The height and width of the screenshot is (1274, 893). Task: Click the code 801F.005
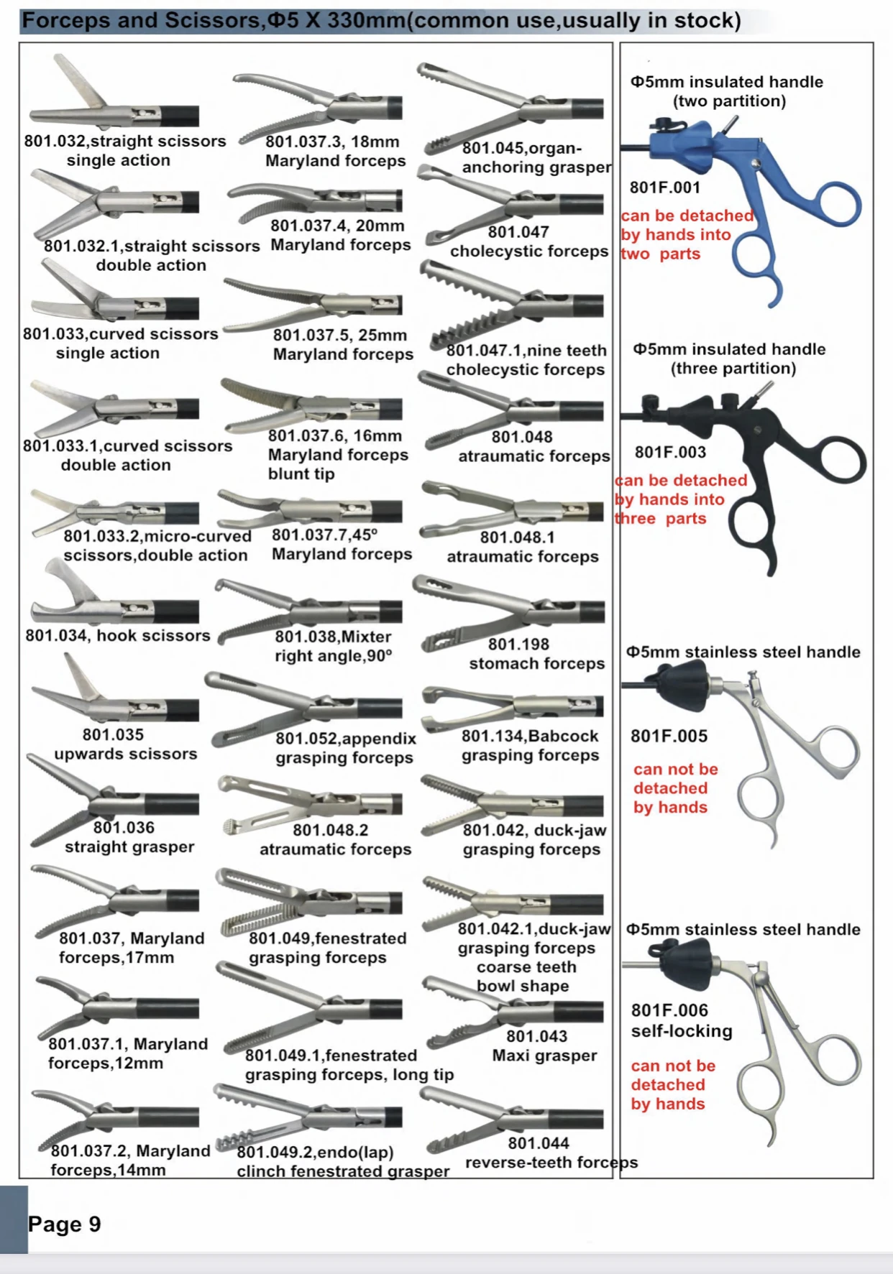[x=669, y=737]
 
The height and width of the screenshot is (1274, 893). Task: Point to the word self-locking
[x=682, y=1031]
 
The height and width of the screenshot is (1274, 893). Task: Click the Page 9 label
[x=64, y=1224]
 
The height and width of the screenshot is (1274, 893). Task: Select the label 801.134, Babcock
[x=530, y=737]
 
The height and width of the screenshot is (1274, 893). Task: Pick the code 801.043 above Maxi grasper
[x=536, y=1036]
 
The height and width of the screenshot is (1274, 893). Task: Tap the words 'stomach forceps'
[x=537, y=664]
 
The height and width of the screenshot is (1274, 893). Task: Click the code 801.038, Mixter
[x=333, y=637]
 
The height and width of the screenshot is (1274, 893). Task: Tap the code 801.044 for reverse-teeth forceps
[x=538, y=1143]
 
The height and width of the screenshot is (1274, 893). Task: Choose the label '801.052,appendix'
[x=346, y=739]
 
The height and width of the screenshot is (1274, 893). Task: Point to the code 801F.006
[x=669, y=1011]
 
